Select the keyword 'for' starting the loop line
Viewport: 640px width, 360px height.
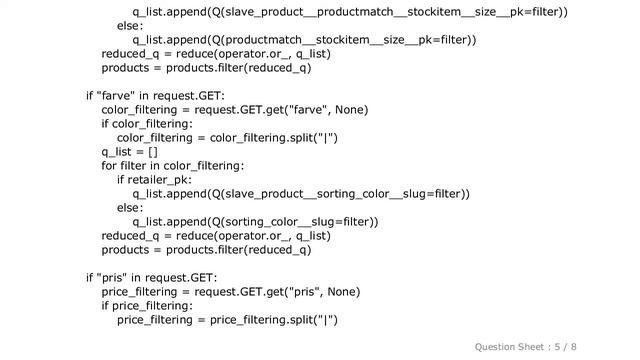tap(109, 166)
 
